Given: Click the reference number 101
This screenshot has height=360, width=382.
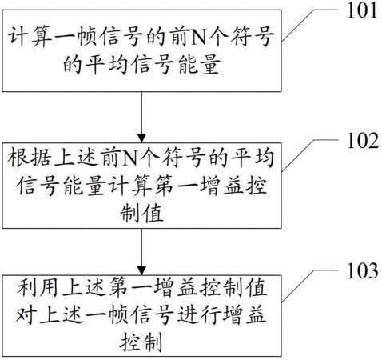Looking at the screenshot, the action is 362,10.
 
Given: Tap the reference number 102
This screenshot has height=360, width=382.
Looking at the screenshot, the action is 363,140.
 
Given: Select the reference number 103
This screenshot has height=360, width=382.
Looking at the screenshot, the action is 362,270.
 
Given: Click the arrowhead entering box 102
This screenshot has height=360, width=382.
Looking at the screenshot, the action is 141,138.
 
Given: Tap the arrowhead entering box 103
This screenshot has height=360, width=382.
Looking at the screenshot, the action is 141,270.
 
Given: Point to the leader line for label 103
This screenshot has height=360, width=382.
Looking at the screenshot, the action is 309,286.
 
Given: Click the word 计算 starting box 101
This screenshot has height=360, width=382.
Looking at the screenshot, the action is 30,37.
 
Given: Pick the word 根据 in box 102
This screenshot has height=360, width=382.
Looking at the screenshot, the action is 29,158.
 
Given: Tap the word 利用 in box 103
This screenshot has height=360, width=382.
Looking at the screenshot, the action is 38,287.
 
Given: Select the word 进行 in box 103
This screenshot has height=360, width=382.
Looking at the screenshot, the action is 199,314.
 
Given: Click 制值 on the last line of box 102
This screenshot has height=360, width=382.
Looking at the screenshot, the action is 141,213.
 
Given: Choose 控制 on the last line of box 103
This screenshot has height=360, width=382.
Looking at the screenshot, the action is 141,342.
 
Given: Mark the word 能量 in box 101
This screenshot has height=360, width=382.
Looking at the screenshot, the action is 199,65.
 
